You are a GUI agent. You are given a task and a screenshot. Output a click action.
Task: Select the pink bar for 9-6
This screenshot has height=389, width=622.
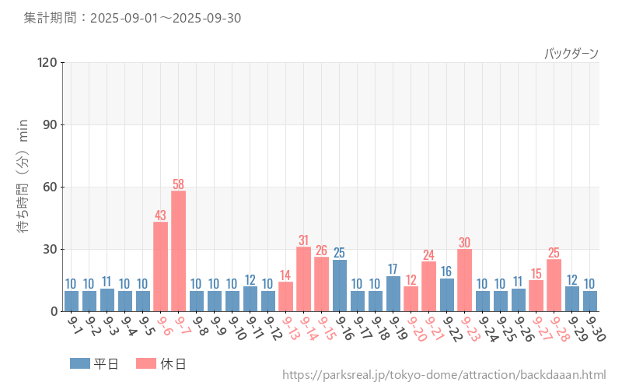coord(160,266)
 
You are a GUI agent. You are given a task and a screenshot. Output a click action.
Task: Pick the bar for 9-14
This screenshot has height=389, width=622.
coord(303,279)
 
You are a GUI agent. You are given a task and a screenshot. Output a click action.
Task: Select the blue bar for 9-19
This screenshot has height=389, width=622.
coord(393,293)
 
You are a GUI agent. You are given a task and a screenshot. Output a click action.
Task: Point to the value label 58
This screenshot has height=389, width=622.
coord(178,184)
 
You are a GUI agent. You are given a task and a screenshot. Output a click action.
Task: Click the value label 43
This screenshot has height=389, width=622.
coord(160,216)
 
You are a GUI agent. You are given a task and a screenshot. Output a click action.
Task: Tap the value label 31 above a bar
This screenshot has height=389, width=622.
coord(303,240)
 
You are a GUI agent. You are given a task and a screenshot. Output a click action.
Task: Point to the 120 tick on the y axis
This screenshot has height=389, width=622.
coord(47,62)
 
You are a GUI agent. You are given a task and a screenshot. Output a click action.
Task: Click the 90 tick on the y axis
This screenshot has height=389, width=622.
coord(51,124)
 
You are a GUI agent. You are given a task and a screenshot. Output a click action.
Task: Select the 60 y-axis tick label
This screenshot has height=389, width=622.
coord(51,187)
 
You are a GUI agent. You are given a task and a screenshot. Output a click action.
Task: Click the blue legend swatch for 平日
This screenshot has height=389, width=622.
coord(80,363)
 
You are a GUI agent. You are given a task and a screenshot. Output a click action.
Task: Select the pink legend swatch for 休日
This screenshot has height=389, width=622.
coord(146,363)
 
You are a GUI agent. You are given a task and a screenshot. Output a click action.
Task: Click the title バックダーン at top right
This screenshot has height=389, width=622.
coord(571,54)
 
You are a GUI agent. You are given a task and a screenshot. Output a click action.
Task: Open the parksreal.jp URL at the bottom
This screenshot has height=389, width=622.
coord(444,376)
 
